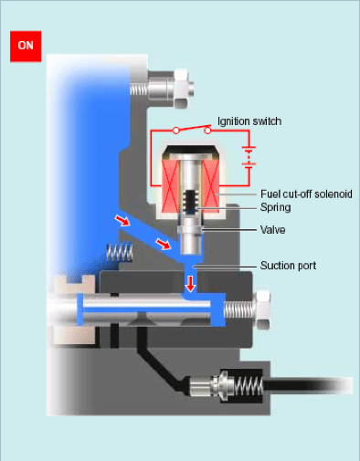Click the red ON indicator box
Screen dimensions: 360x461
26,47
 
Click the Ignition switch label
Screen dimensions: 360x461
249,121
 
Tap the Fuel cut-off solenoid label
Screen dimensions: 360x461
306,194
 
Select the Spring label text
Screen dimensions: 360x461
275,207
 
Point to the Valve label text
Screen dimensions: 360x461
272,230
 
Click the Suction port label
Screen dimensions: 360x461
288,266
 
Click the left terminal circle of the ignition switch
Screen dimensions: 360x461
176,131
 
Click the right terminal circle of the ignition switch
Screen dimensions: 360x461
207,131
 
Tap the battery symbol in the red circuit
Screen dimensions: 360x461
249,157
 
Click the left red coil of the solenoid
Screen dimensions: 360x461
170,186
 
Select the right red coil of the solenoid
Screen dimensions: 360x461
210,186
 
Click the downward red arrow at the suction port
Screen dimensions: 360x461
191,284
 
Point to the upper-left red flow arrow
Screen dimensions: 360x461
122,220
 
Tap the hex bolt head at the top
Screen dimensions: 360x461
181,89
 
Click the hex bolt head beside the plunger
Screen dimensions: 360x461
263,310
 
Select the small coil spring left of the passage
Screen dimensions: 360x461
120,252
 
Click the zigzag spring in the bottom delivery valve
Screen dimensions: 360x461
249,386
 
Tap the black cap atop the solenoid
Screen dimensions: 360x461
191,152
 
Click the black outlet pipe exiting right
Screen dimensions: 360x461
308,386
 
